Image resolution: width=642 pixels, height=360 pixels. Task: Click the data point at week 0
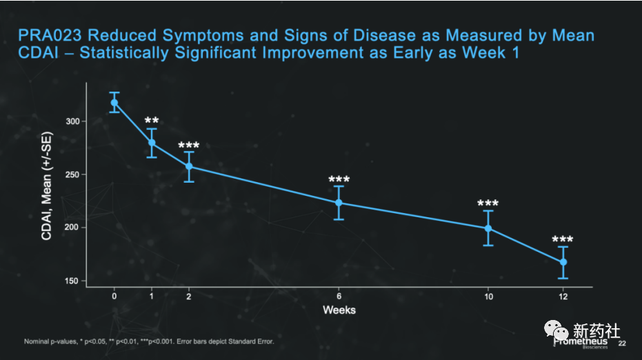(x=114, y=103)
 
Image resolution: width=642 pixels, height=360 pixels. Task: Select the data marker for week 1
(x=152, y=143)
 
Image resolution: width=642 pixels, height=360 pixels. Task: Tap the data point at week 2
(x=189, y=166)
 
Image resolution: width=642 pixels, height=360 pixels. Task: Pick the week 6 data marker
(x=339, y=203)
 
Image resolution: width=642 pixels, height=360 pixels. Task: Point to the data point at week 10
(x=488, y=228)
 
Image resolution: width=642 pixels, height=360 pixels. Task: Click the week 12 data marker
(x=563, y=262)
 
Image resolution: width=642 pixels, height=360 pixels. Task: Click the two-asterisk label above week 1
(x=152, y=122)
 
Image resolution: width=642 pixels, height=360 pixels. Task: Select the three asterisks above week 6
(x=339, y=181)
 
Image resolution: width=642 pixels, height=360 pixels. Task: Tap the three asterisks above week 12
(x=563, y=240)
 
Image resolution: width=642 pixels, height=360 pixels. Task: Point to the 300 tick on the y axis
(x=72, y=121)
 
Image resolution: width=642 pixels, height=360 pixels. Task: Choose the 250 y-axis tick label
(x=72, y=174)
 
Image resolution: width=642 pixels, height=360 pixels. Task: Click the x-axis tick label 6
(x=339, y=295)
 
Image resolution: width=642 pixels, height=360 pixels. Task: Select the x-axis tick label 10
(x=488, y=295)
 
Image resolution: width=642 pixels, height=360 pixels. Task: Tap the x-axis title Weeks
(x=339, y=310)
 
